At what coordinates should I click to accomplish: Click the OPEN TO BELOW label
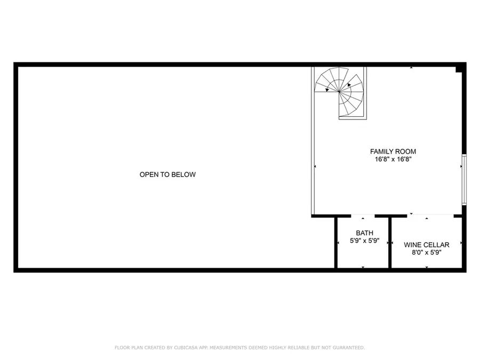167,174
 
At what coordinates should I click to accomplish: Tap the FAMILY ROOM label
393,151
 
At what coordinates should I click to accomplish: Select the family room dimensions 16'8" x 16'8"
393,159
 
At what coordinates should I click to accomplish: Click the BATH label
364,233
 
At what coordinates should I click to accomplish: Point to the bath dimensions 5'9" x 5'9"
364,241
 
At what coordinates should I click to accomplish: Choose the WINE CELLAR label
426,245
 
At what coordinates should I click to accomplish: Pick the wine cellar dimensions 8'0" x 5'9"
426,252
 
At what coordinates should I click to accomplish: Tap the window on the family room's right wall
464,179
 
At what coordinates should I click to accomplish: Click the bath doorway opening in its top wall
363,216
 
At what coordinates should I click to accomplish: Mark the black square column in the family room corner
459,69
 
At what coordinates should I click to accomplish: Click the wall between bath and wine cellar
390,243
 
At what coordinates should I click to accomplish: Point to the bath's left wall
335,243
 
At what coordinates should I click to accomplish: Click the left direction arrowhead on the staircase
326,90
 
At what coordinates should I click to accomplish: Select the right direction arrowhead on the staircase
349,84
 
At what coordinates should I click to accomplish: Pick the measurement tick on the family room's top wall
411,68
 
